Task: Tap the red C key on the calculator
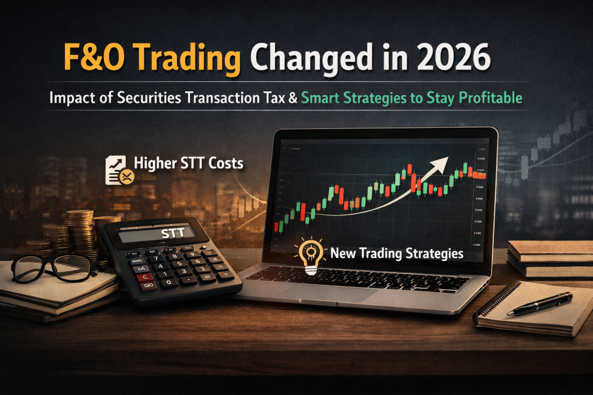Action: pyautogui.click(x=144, y=277)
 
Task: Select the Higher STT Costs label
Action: pyautogui.click(x=188, y=163)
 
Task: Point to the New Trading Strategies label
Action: pyautogui.click(x=396, y=253)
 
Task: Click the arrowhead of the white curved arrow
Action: pyautogui.click(x=442, y=161)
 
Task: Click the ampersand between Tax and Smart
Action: pyautogui.click(x=292, y=98)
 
